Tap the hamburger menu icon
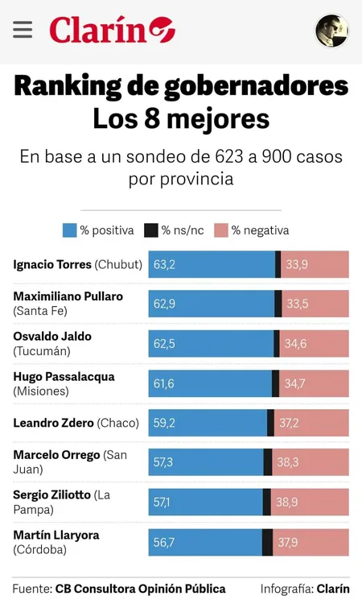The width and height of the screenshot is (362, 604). click(23, 30)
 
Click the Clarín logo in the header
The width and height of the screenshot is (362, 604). click(112, 31)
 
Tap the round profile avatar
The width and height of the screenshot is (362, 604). click(331, 31)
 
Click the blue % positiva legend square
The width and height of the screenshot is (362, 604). click(70, 230)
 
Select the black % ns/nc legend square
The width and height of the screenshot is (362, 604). click(151, 230)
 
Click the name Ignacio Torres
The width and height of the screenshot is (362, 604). click(52, 264)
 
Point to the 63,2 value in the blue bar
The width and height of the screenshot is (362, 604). click(164, 264)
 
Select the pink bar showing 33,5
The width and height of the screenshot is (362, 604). click(315, 304)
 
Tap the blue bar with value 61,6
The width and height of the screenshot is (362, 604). click(211, 383)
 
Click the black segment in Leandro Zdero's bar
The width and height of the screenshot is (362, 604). click(270, 423)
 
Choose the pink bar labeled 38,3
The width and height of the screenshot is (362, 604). click(311, 462)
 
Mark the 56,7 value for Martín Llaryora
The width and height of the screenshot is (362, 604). click(164, 542)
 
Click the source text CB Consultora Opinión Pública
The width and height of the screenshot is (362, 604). click(140, 589)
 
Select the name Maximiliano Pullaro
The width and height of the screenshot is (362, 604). click(68, 296)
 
